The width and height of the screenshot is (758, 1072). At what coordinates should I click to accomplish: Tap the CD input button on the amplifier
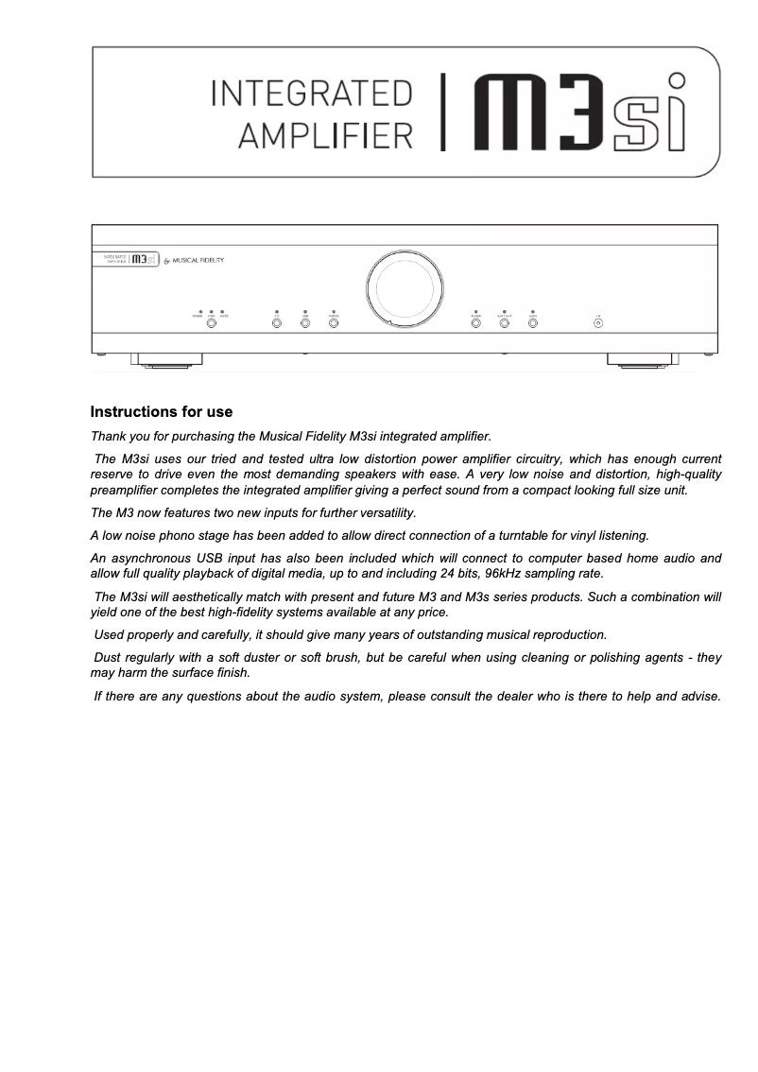(x=276, y=323)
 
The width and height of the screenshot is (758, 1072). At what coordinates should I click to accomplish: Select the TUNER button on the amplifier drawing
(x=475, y=323)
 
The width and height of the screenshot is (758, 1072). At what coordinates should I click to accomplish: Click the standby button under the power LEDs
(x=211, y=323)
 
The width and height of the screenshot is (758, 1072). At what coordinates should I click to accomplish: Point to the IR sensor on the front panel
(x=597, y=323)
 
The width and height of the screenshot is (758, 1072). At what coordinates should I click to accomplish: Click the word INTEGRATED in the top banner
(x=311, y=95)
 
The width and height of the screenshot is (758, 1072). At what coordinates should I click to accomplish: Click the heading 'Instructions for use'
(x=161, y=412)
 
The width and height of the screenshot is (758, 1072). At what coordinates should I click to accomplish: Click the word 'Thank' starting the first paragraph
(x=108, y=437)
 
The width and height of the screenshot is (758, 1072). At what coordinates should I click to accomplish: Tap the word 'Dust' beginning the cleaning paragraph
(x=107, y=657)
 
